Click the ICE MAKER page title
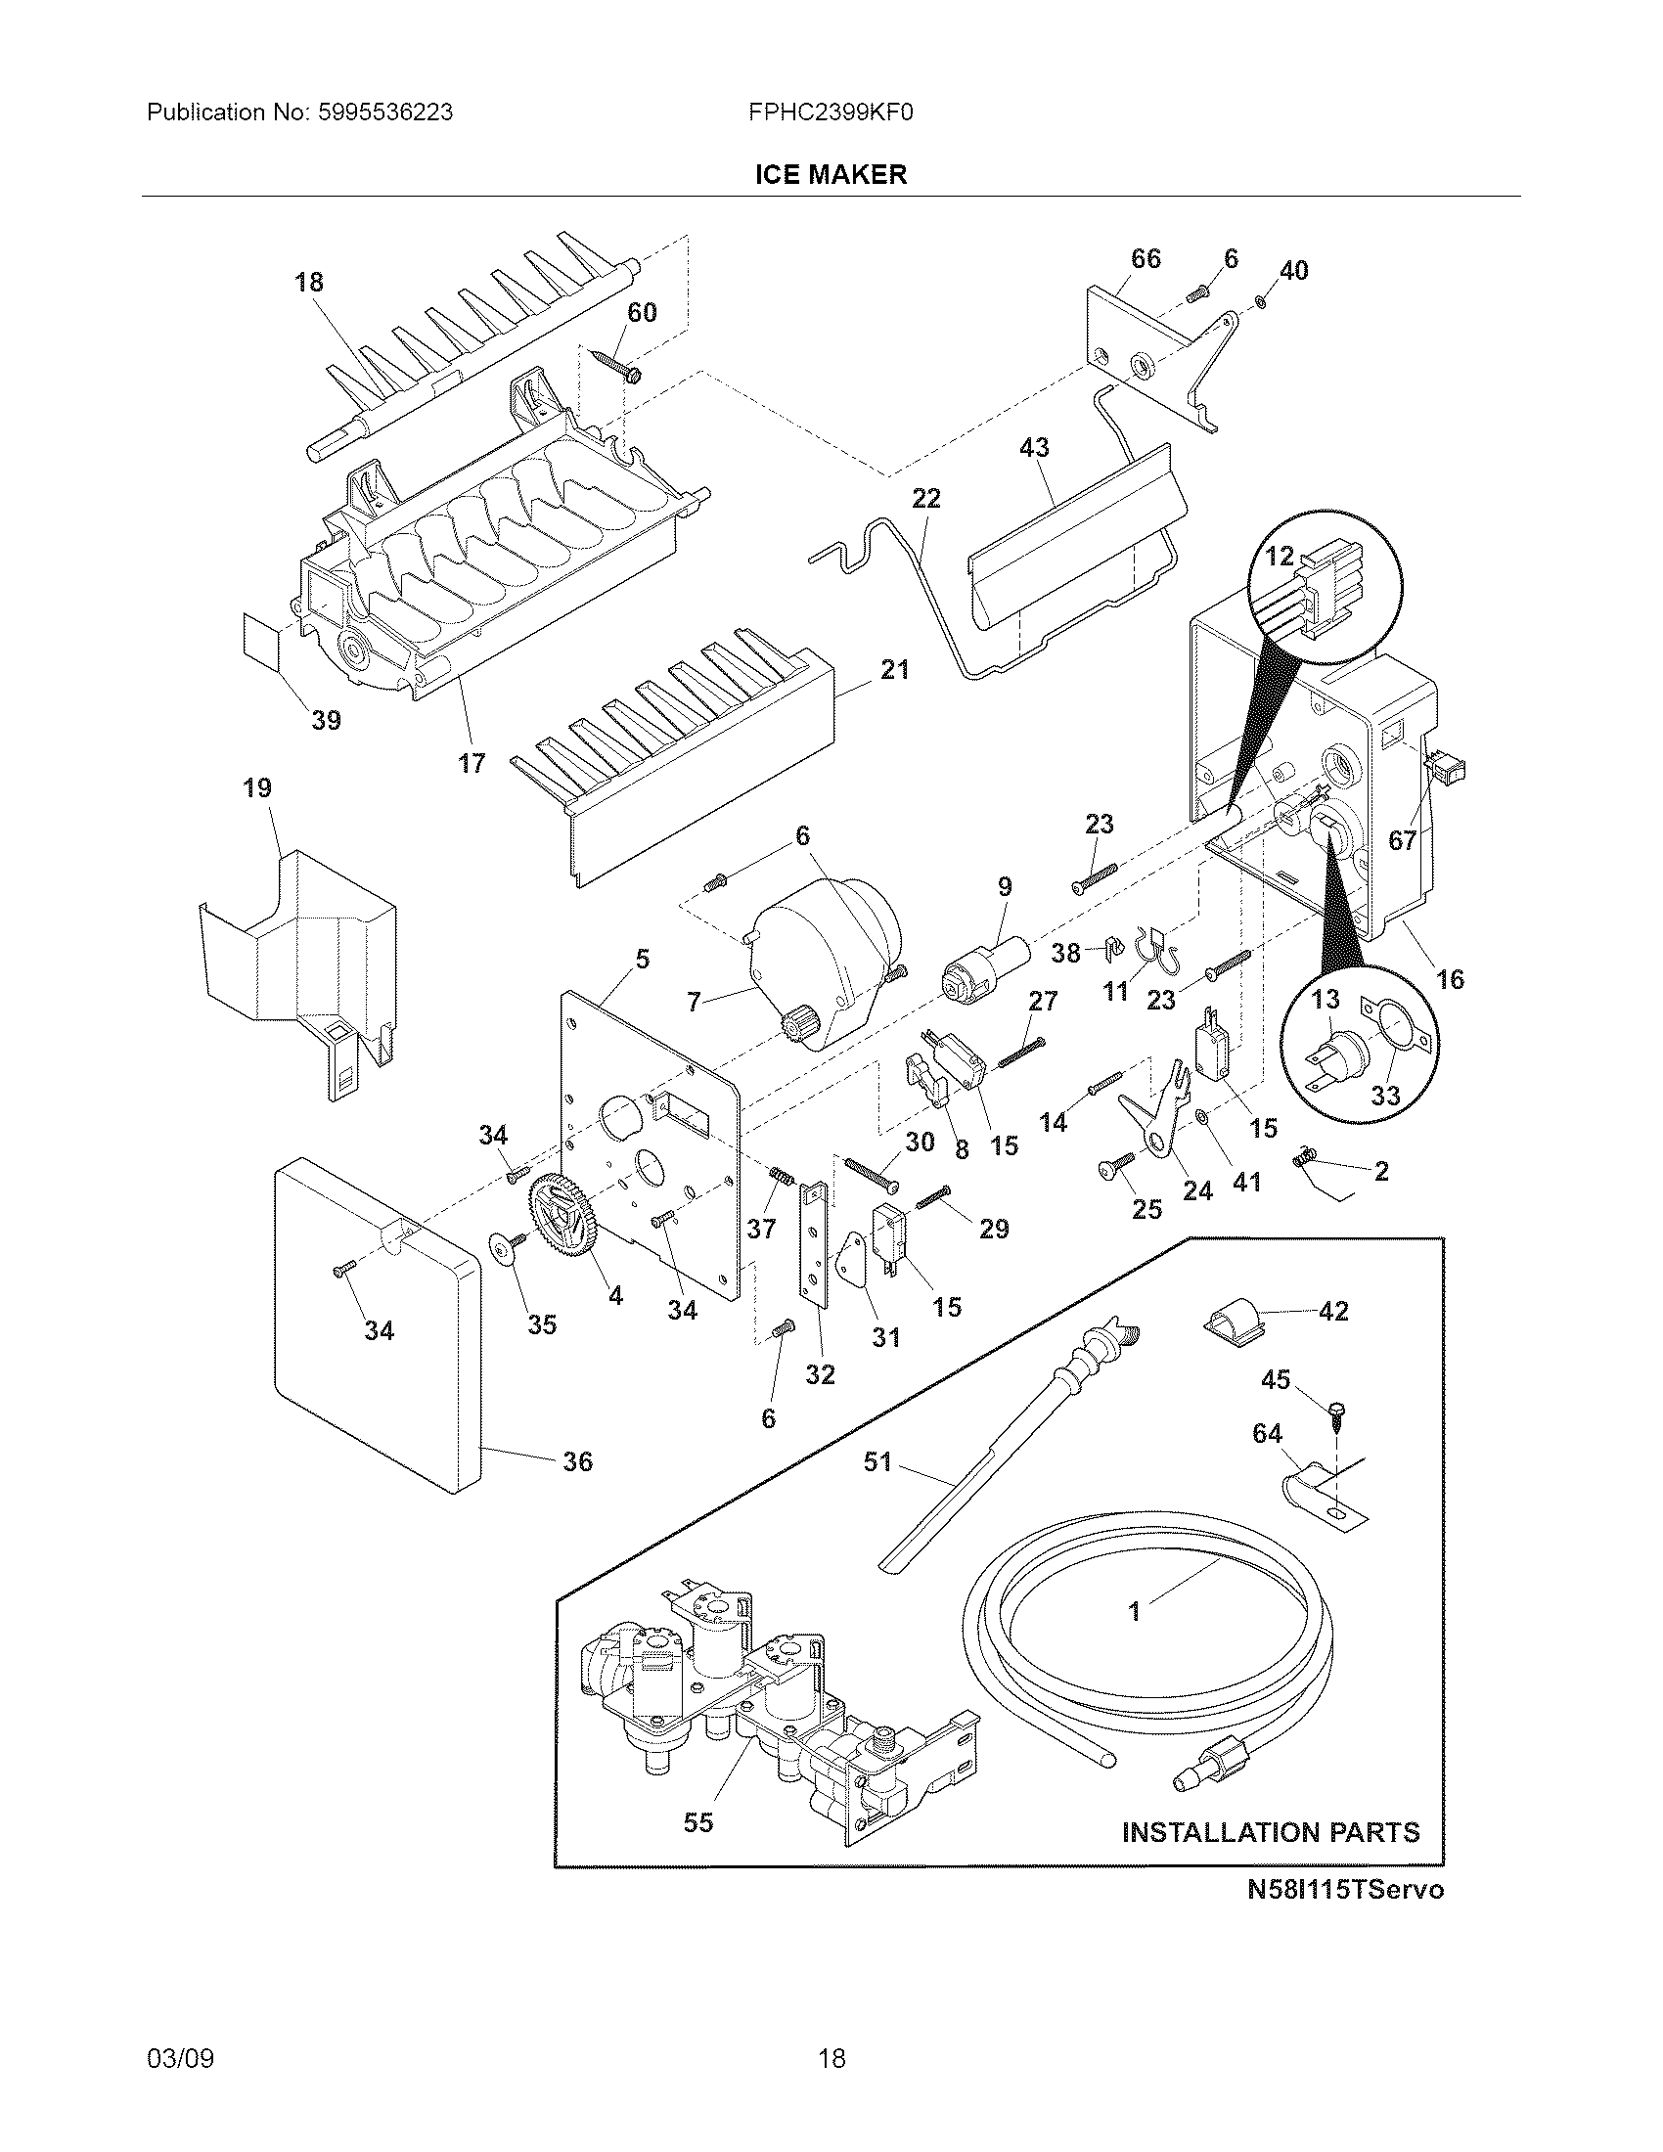tap(831, 174)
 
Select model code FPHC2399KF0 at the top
tap(831, 112)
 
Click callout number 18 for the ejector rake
tap(308, 283)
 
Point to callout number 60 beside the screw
tap(642, 312)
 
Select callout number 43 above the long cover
tap(1033, 447)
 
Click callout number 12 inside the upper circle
tap(1279, 557)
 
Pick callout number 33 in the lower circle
tap(1385, 1096)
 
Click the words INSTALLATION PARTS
tap(1271, 1833)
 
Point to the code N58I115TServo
tap(1345, 1890)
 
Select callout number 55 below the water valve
tap(697, 1823)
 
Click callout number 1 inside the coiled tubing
tap(1134, 1612)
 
